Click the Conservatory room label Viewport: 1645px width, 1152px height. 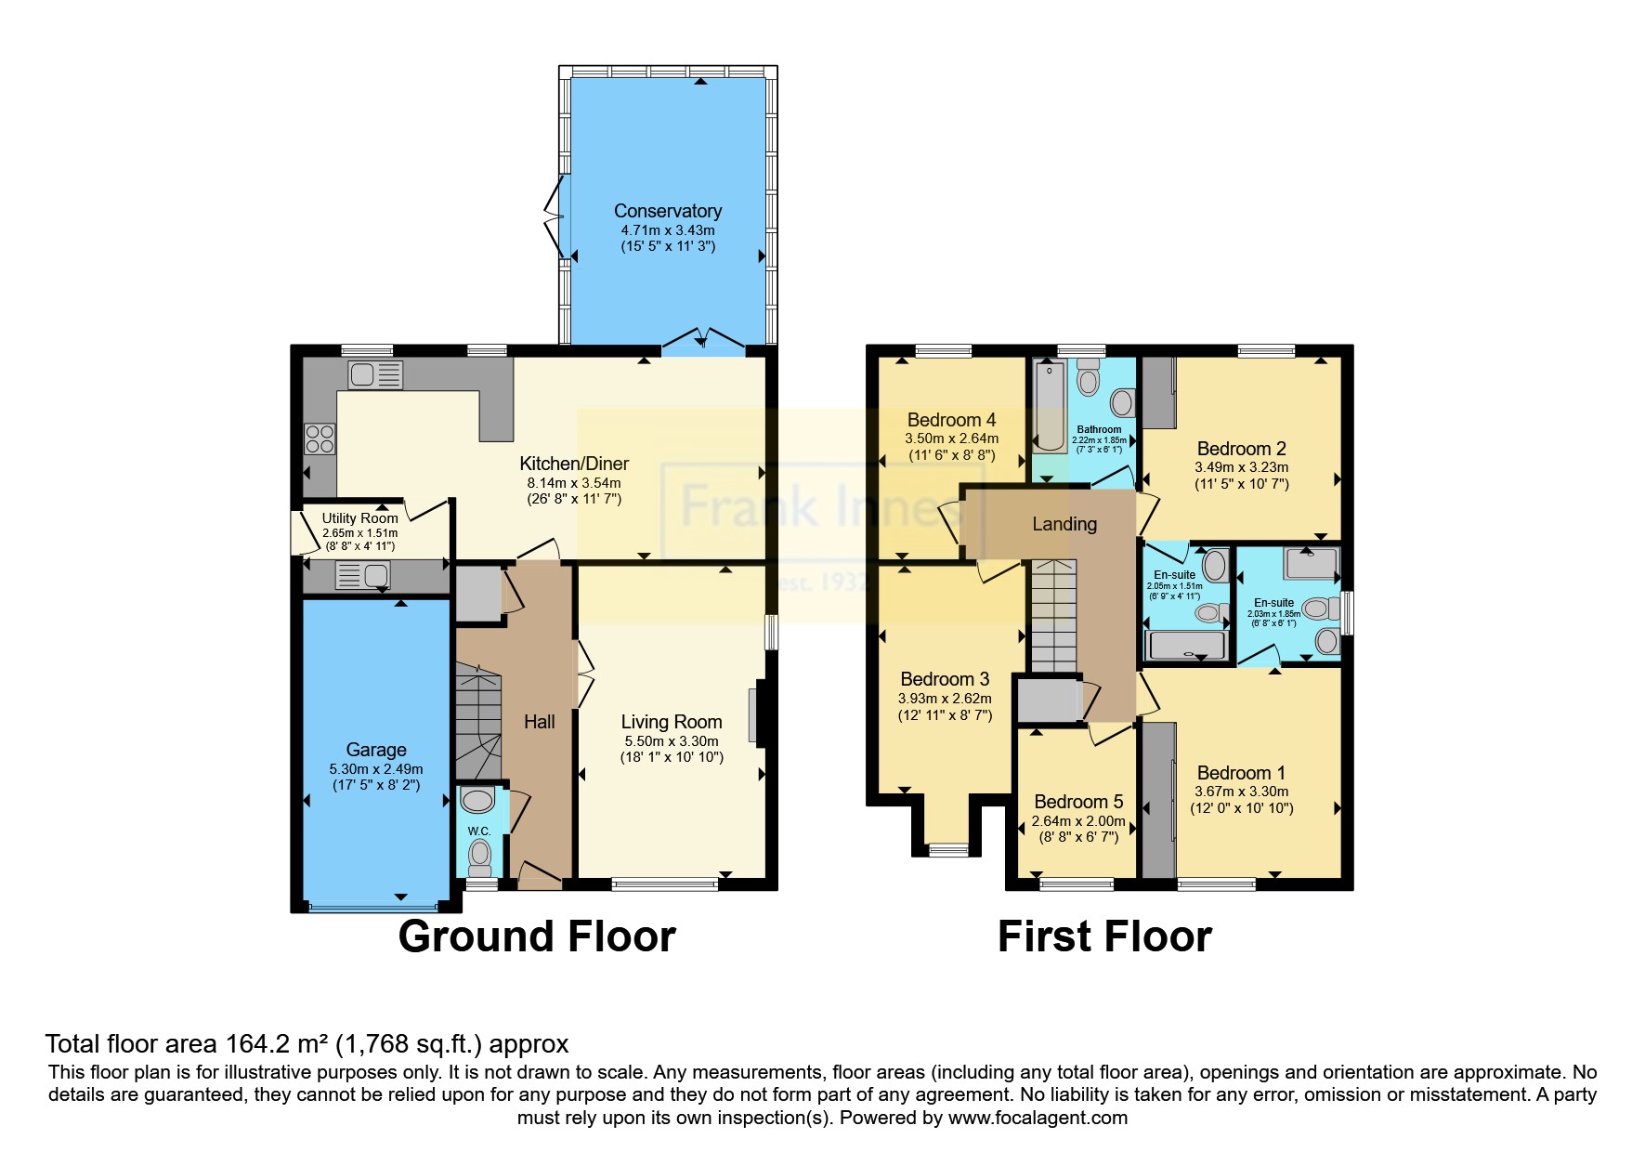tap(667, 211)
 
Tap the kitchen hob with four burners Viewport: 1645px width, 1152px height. tap(320, 439)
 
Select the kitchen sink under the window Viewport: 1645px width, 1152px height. tap(375, 375)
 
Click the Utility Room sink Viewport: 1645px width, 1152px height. tap(362, 576)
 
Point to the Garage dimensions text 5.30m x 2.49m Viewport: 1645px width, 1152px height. tap(375, 769)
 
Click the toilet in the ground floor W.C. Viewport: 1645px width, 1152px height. tap(479, 856)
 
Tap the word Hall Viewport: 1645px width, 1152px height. tap(539, 722)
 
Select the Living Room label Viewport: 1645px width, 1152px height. tap(671, 722)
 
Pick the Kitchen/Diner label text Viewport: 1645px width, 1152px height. tap(573, 464)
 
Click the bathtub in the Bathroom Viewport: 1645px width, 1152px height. tap(1050, 407)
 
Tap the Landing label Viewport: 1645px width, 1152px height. tap(1064, 524)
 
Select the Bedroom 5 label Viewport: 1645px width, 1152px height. tap(1078, 802)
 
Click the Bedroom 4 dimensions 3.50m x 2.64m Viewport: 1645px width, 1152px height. tap(951, 439)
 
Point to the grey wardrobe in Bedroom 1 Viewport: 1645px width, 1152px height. tap(1157, 801)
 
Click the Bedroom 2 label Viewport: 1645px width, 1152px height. tap(1241, 449)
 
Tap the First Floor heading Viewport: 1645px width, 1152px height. tap(1103, 936)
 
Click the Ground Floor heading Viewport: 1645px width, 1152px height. tap(537, 936)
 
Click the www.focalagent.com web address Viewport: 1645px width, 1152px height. tap(1038, 1118)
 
